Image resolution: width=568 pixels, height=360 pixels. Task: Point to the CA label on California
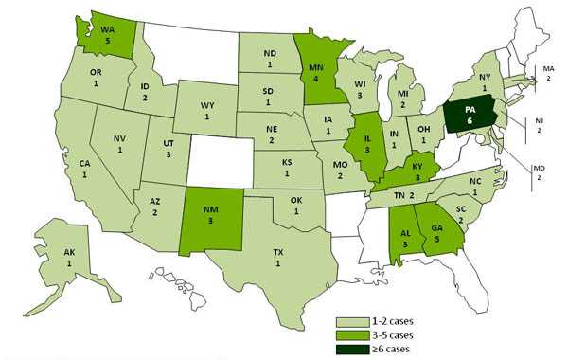pos(84,169)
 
